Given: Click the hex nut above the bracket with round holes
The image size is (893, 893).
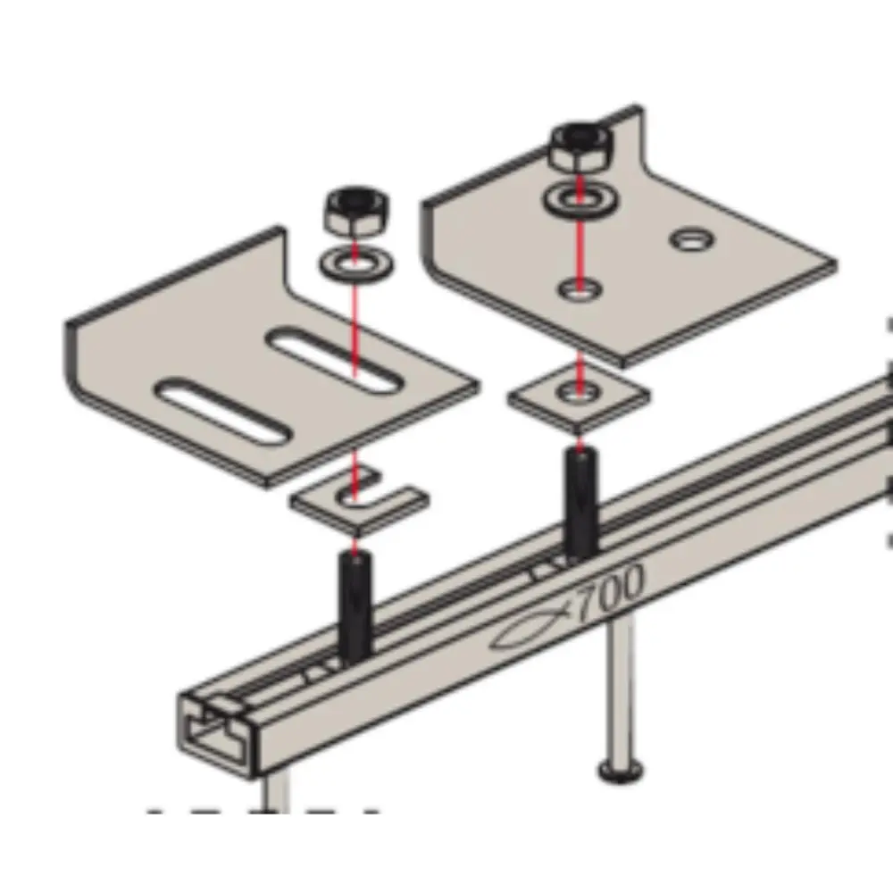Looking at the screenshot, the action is [x=581, y=147].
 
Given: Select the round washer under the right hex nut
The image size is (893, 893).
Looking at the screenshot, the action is [x=580, y=199].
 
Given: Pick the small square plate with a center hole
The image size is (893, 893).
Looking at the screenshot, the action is [x=579, y=397].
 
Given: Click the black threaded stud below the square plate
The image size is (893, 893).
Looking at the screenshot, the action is [x=581, y=501].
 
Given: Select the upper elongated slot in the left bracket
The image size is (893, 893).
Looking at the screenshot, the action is [x=334, y=360].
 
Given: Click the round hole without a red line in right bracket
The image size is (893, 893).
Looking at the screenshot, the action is [x=692, y=239].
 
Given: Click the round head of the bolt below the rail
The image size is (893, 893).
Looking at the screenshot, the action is [x=621, y=772].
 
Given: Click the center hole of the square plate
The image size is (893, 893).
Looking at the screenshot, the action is [x=579, y=391].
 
